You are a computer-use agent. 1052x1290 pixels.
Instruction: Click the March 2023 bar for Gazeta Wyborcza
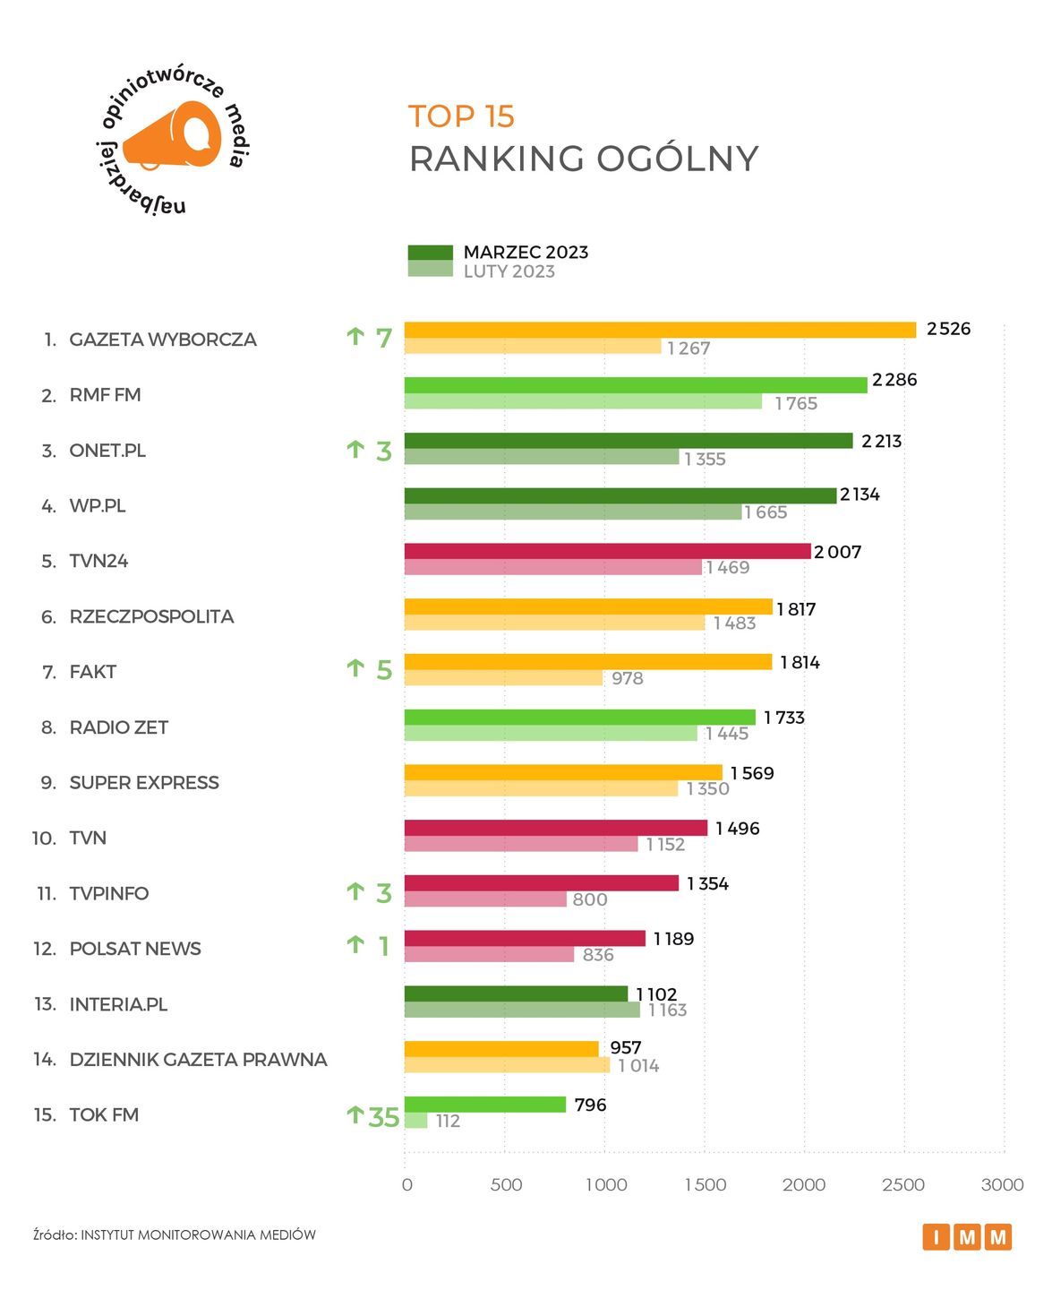point(660,330)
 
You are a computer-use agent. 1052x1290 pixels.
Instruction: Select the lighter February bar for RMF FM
point(583,401)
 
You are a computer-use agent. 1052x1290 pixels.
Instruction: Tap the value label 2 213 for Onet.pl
point(881,441)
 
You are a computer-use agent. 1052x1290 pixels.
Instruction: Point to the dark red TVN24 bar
point(607,551)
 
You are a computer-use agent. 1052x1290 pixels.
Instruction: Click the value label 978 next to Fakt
point(627,678)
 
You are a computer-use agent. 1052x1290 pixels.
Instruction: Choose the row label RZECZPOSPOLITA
point(151,616)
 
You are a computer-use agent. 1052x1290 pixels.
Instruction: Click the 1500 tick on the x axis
point(706,1184)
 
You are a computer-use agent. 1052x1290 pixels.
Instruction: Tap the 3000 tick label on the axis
point(1002,1184)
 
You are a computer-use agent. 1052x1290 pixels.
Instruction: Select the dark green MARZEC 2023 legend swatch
point(430,253)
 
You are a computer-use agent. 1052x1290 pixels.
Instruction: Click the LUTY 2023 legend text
point(509,271)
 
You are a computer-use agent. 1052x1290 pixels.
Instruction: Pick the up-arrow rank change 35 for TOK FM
point(372,1116)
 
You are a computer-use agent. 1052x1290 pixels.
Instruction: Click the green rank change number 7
point(384,338)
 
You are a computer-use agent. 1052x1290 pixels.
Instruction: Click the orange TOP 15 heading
point(461,116)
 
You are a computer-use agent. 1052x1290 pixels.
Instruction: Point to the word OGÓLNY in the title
point(677,159)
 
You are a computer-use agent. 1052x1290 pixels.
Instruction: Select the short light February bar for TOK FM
point(415,1121)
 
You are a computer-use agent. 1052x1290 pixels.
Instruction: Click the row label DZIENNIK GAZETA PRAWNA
point(198,1059)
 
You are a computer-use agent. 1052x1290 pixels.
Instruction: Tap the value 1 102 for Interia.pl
point(656,993)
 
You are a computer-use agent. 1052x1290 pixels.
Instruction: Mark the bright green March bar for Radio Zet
point(579,717)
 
